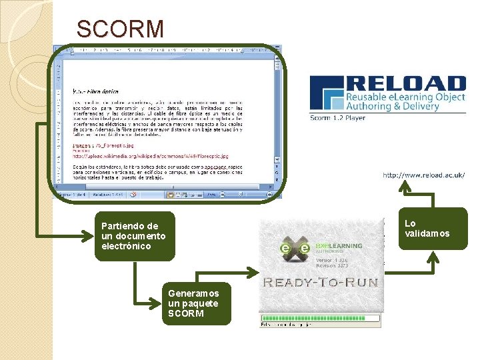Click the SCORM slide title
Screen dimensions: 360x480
pos(120,29)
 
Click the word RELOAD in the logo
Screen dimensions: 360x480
pos(406,84)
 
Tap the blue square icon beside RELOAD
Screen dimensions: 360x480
pos(327,94)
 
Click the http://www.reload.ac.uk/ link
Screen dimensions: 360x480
pos(423,175)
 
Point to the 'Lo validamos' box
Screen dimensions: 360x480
pos(433,229)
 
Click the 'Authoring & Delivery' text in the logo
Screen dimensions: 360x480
pos(391,107)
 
